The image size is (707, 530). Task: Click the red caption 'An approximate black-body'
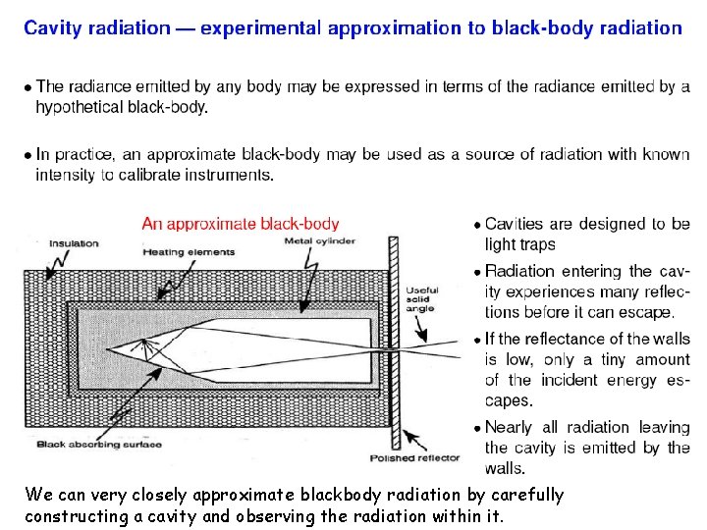[x=241, y=224]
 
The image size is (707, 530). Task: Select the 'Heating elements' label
[x=189, y=252]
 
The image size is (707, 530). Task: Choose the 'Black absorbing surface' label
[x=99, y=444]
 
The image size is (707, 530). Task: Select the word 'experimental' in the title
[x=259, y=27]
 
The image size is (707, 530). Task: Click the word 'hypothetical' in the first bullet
[x=81, y=107]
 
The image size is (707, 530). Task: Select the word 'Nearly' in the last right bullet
[x=509, y=427]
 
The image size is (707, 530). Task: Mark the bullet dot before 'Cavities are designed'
[x=476, y=225]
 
